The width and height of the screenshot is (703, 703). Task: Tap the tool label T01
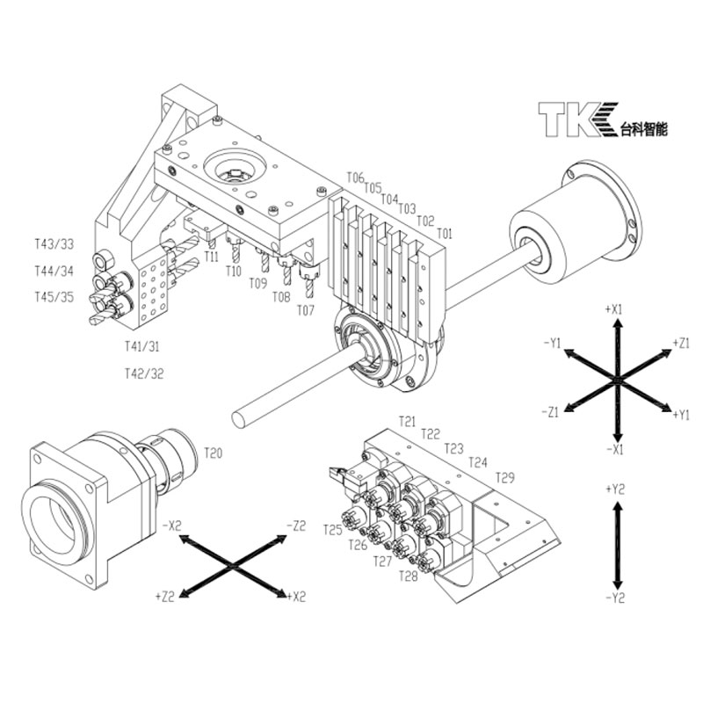(x=444, y=234)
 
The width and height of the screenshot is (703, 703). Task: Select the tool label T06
(x=355, y=178)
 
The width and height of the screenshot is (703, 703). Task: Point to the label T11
(x=211, y=256)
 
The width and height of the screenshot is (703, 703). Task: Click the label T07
(x=305, y=310)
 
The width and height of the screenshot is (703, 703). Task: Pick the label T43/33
(x=54, y=243)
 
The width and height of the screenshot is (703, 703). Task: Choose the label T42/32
(x=144, y=373)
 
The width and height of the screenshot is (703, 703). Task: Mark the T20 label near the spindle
(x=214, y=453)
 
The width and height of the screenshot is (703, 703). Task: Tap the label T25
(x=332, y=529)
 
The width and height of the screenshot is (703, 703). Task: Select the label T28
(x=408, y=576)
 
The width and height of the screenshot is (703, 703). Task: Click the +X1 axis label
(x=614, y=309)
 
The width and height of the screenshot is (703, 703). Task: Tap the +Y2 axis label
(x=614, y=487)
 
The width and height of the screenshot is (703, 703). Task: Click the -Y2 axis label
(x=614, y=598)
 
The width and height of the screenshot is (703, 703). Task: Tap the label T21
(x=407, y=422)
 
